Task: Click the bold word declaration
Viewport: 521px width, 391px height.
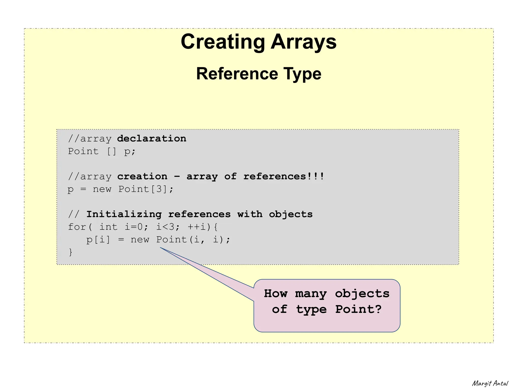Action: [x=152, y=139]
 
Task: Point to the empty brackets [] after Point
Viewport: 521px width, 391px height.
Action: [x=111, y=151]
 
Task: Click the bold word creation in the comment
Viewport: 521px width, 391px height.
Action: [x=142, y=176]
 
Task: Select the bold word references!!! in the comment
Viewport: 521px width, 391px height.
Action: [x=284, y=176]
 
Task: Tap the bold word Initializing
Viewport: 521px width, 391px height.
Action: [x=124, y=214]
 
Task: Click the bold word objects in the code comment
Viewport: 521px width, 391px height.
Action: [x=291, y=214]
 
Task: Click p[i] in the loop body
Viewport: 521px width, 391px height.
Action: [x=98, y=240]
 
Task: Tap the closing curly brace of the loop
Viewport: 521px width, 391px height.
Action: [x=71, y=252]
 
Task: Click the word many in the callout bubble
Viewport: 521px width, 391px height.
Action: [x=311, y=294]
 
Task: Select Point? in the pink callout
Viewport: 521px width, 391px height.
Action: [x=358, y=309]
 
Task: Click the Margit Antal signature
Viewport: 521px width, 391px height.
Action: [x=490, y=383]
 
